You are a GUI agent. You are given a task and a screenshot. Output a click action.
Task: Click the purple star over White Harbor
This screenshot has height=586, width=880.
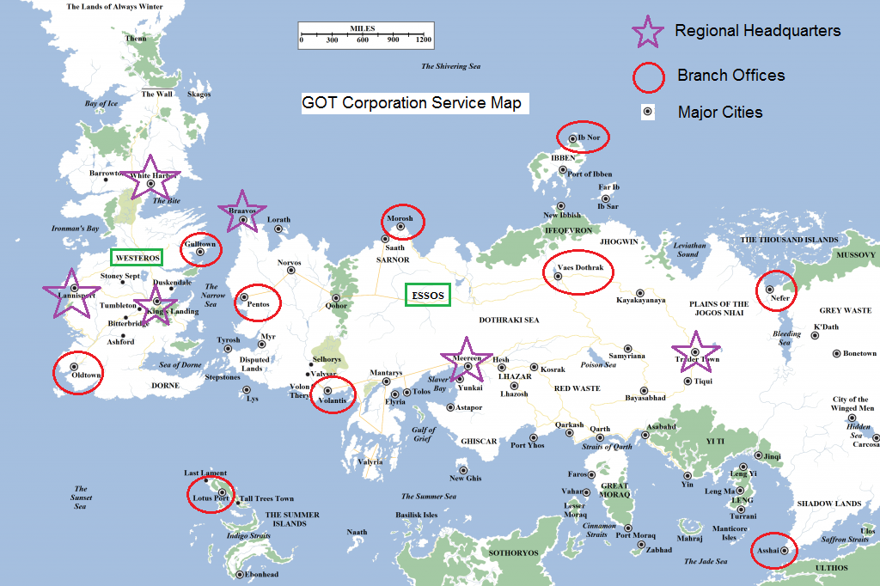click(x=150, y=180)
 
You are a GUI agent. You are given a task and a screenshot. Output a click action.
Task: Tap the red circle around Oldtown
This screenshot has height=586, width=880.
click(x=78, y=373)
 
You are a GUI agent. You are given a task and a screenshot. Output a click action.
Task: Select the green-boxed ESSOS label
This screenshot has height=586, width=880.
click(x=428, y=296)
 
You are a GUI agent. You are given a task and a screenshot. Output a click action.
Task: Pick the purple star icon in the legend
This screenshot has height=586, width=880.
click(x=648, y=31)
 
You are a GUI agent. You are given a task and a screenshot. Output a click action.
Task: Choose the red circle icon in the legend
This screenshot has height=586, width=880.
click(x=649, y=76)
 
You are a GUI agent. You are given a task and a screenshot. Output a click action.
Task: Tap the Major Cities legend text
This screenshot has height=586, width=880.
click(x=719, y=112)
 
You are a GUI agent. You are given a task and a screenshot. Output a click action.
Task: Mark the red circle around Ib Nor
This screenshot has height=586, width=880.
click(x=582, y=137)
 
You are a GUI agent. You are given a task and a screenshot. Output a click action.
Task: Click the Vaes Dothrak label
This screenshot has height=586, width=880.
click(x=581, y=268)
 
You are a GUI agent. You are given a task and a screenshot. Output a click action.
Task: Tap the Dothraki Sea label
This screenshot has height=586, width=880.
click(x=508, y=320)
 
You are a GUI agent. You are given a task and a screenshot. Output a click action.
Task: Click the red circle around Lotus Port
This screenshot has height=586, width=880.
click(x=211, y=494)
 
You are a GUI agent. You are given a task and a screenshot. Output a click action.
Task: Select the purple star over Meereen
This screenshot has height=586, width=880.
click(x=467, y=362)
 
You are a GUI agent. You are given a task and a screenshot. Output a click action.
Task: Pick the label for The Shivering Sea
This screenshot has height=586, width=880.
click(x=450, y=66)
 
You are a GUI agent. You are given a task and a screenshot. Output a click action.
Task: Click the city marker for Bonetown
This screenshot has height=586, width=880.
click(x=836, y=353)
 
